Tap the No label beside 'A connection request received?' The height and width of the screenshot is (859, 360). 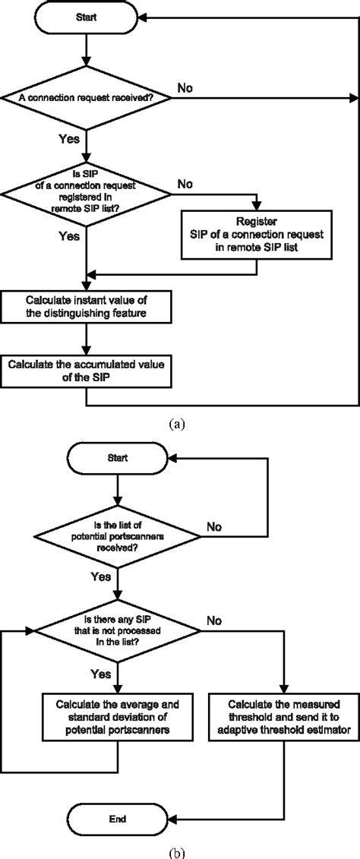(x=185, y=88)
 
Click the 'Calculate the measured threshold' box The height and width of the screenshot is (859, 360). (x=282, y=693)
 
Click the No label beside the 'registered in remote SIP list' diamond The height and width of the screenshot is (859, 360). (x=185, y=185)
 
